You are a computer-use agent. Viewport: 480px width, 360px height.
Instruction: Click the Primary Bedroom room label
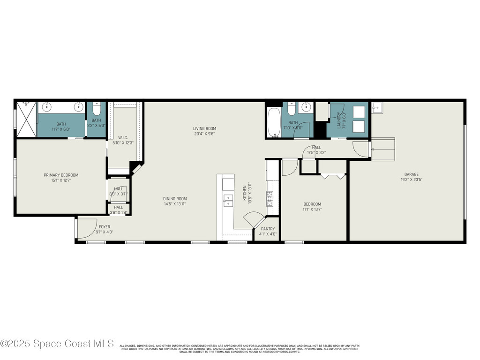click(61, 175)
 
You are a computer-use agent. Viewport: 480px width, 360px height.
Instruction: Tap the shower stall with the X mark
click(26, 120)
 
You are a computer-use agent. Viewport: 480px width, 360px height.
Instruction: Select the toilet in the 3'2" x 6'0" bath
click(96, 110)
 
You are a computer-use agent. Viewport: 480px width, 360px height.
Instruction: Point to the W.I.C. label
click(123, 137)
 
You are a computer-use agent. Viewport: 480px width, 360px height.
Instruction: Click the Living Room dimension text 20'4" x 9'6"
click(204, 134)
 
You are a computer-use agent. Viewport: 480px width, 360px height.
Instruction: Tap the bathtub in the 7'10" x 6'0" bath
click(274, 122)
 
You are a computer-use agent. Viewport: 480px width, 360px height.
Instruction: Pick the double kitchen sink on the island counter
click(228, 201)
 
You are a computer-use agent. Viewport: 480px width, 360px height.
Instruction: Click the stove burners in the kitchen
click(270, 199)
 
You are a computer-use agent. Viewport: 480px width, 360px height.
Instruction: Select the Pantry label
click(268, 229)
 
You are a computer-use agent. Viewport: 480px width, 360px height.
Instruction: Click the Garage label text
click(412, 174)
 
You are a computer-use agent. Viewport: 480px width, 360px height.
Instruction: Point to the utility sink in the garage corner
click(378, 108)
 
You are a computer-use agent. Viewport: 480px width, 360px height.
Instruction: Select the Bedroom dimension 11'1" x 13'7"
click(312, 209)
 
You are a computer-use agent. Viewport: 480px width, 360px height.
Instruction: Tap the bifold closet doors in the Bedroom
click(333, 176)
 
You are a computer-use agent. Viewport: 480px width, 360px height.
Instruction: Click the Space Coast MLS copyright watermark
click(57, 344)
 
